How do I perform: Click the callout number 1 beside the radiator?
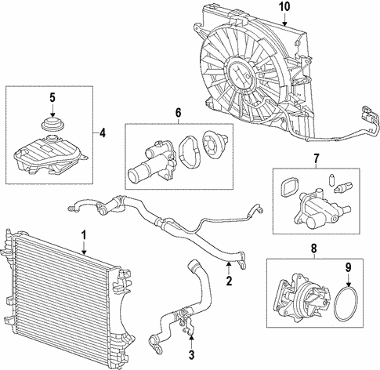(84, 234)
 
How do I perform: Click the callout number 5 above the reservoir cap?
(52, 98)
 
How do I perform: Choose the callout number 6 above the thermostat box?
(177, 113)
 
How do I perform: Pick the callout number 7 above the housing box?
(316, 160)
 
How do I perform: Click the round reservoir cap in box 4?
(52, 125)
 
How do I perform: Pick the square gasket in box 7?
(288, 188)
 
